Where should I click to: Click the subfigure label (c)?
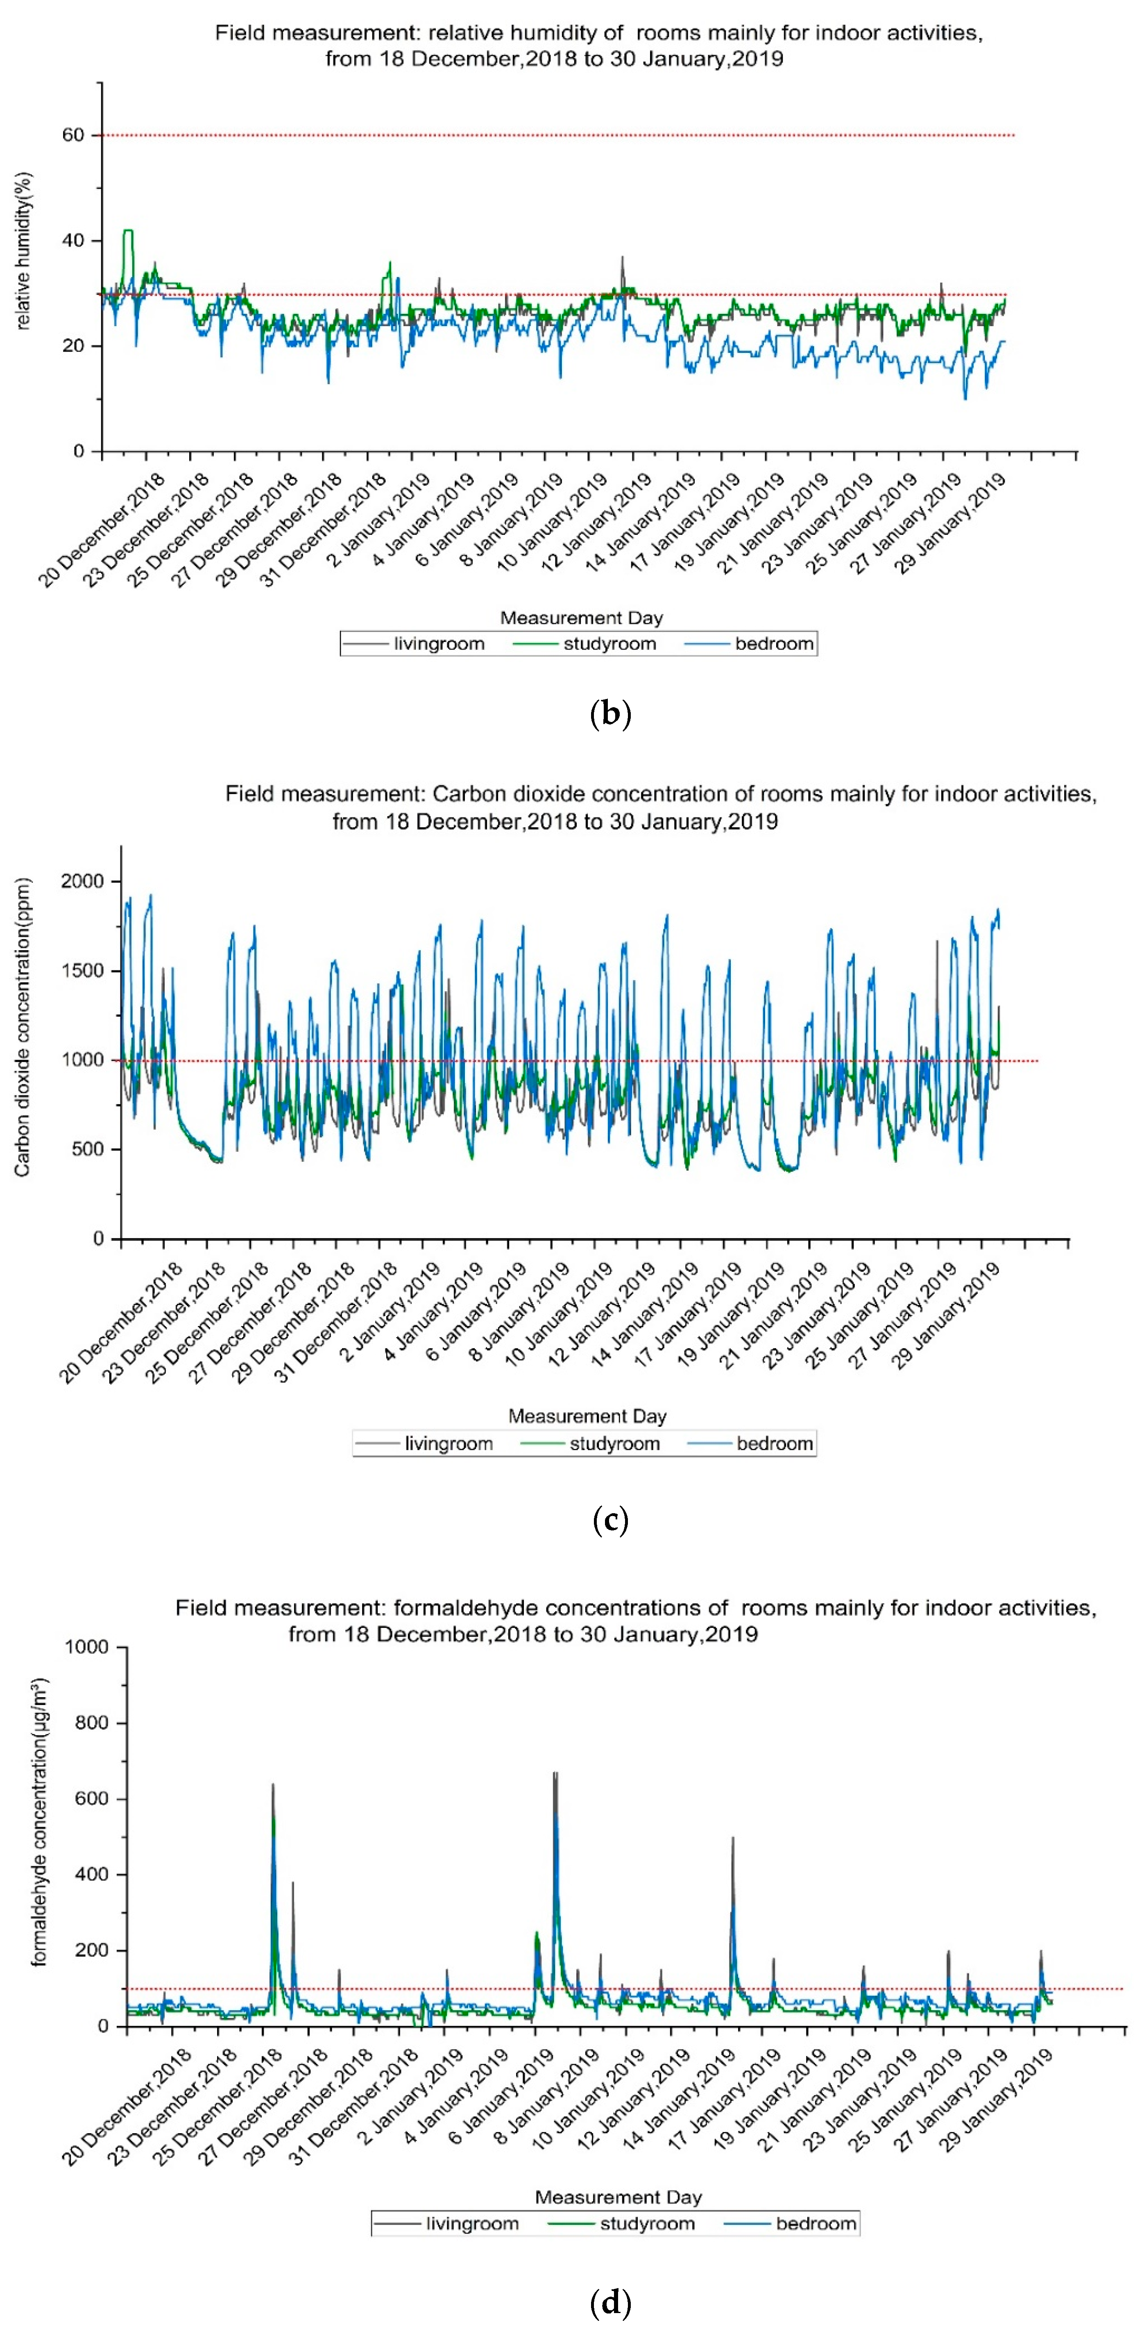click(610, 1520)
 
